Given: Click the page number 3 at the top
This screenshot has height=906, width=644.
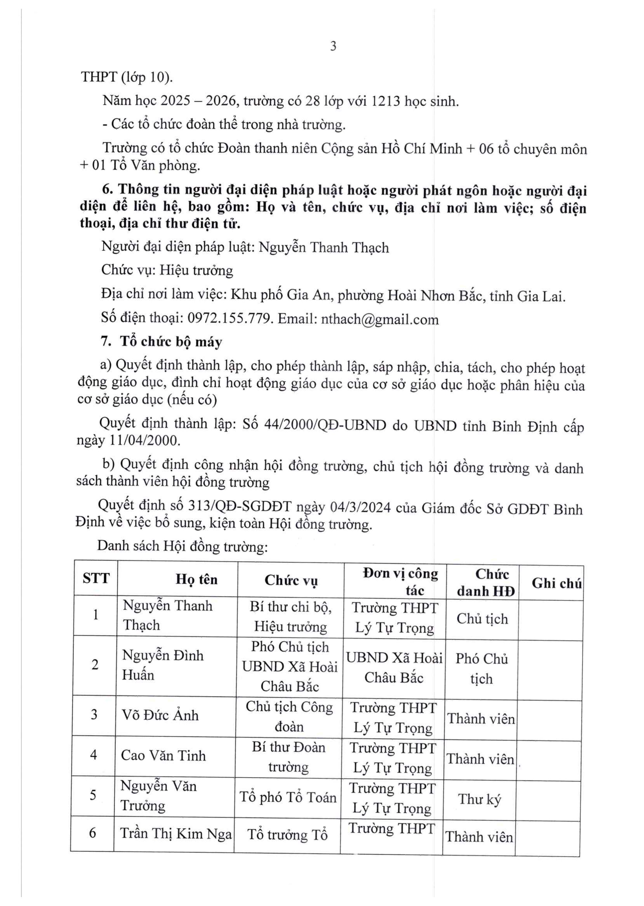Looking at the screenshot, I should pos(333,46).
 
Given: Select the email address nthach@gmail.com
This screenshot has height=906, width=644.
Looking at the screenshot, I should pos(379,319).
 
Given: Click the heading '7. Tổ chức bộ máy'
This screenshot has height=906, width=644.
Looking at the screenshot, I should pos(162,342).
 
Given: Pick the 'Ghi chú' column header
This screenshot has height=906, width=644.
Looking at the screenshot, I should pos(556,583).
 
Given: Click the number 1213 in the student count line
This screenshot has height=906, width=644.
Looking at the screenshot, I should pos(386,101).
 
